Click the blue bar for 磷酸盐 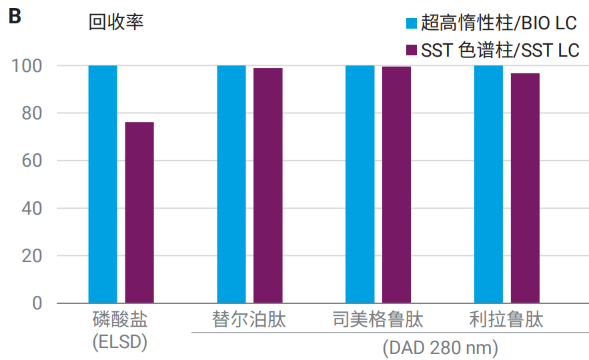[x=103, y=184]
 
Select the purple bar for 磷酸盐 [x=139, y=213]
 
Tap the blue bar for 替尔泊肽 [x=231, y=184]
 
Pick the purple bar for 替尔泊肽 [x=267, y=185]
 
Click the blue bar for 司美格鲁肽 [x=360, y=184]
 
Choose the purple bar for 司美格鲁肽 [x=396, y=185]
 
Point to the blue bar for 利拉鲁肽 [x=488, y=184]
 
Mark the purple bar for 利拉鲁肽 [x=525, y=188]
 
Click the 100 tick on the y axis [x=27, y=66]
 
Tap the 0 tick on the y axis [x=37, y=303]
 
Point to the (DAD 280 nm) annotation [x=440, y=348]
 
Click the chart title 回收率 [x=116, y=23]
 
